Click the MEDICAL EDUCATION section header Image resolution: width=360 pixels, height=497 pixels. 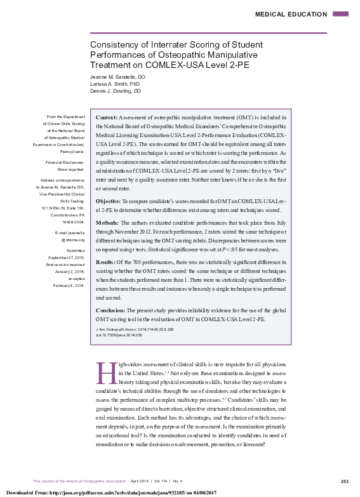291,13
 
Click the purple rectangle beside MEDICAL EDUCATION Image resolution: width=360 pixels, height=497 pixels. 340,13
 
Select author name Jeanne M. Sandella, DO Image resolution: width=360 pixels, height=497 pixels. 117,76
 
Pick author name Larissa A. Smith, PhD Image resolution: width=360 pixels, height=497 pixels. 114,83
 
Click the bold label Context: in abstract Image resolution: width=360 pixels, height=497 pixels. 106,117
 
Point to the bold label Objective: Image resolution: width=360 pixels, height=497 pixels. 108,201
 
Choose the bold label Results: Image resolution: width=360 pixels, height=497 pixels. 105,261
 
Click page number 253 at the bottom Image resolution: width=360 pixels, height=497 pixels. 344,480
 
